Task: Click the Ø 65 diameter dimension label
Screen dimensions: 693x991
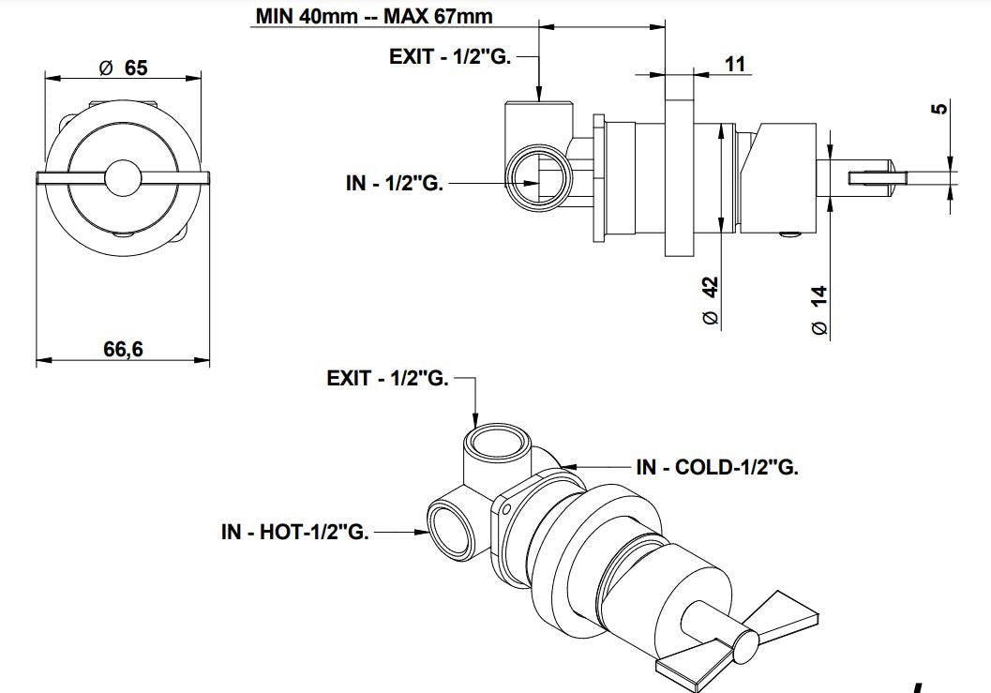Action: click(x=123, y=68)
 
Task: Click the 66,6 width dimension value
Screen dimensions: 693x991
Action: click(x=123, y=349)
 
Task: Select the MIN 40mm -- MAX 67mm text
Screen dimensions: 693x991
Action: click(x=373, y=16)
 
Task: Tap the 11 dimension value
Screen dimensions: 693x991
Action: click(x=735, y=64)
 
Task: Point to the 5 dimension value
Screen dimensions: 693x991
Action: click(x=942, y=110)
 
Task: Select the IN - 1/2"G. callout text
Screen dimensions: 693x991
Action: click(x=395, y=183)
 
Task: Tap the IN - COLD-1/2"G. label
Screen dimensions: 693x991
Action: click(x=717, y=467)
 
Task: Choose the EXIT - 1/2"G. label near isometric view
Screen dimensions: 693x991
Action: click(x=388, y=379)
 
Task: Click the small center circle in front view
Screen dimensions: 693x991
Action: click(x=124, y=178)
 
